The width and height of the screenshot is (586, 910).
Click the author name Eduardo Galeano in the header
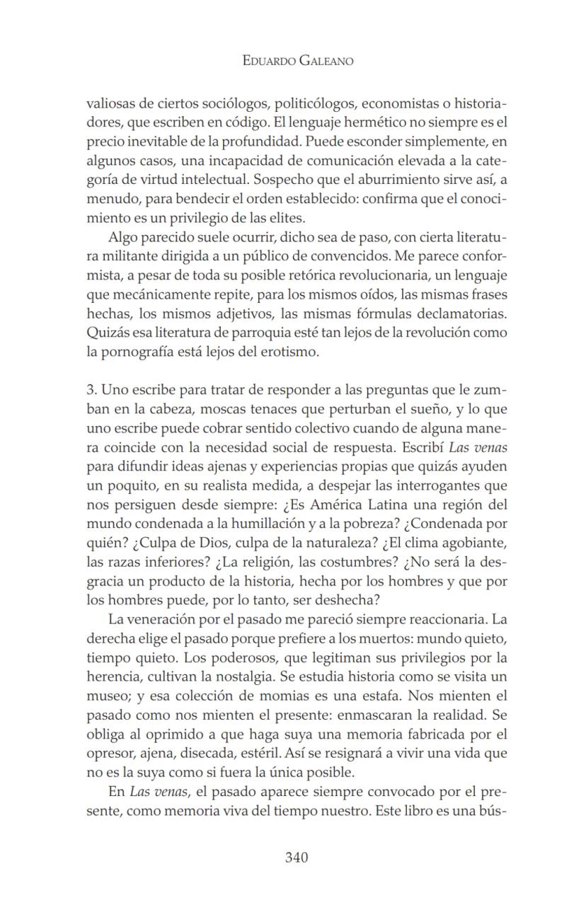click(297, 61)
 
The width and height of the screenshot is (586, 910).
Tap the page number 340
click(297, 858)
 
